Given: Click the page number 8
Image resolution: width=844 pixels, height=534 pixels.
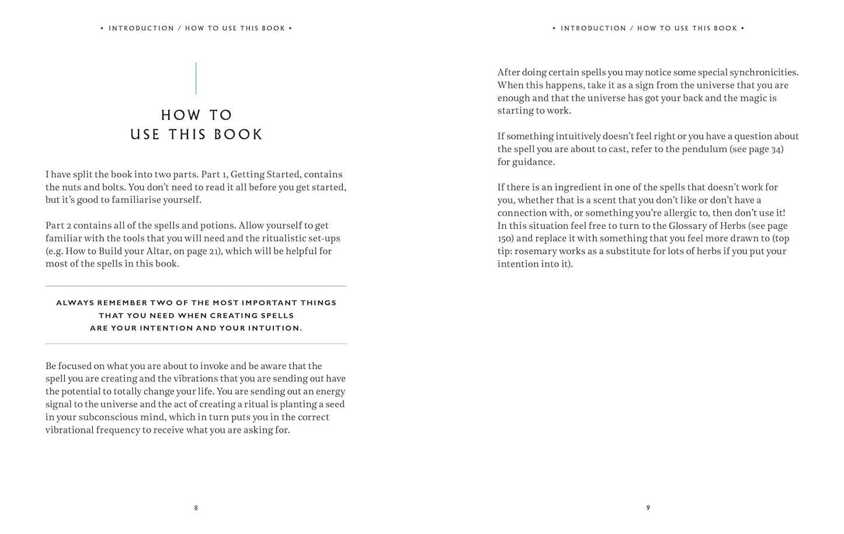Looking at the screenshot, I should (196, 508).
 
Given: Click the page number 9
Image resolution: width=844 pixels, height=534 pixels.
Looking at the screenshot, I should (648, 508).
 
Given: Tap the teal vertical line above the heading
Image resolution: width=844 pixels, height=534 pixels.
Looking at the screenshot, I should (196, 78).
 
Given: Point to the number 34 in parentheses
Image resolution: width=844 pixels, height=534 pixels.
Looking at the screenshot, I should (776, 149).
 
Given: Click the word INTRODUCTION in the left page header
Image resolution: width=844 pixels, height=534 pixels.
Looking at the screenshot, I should (141, 28).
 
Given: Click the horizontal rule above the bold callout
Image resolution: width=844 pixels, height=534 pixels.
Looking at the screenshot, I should (196, 286).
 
